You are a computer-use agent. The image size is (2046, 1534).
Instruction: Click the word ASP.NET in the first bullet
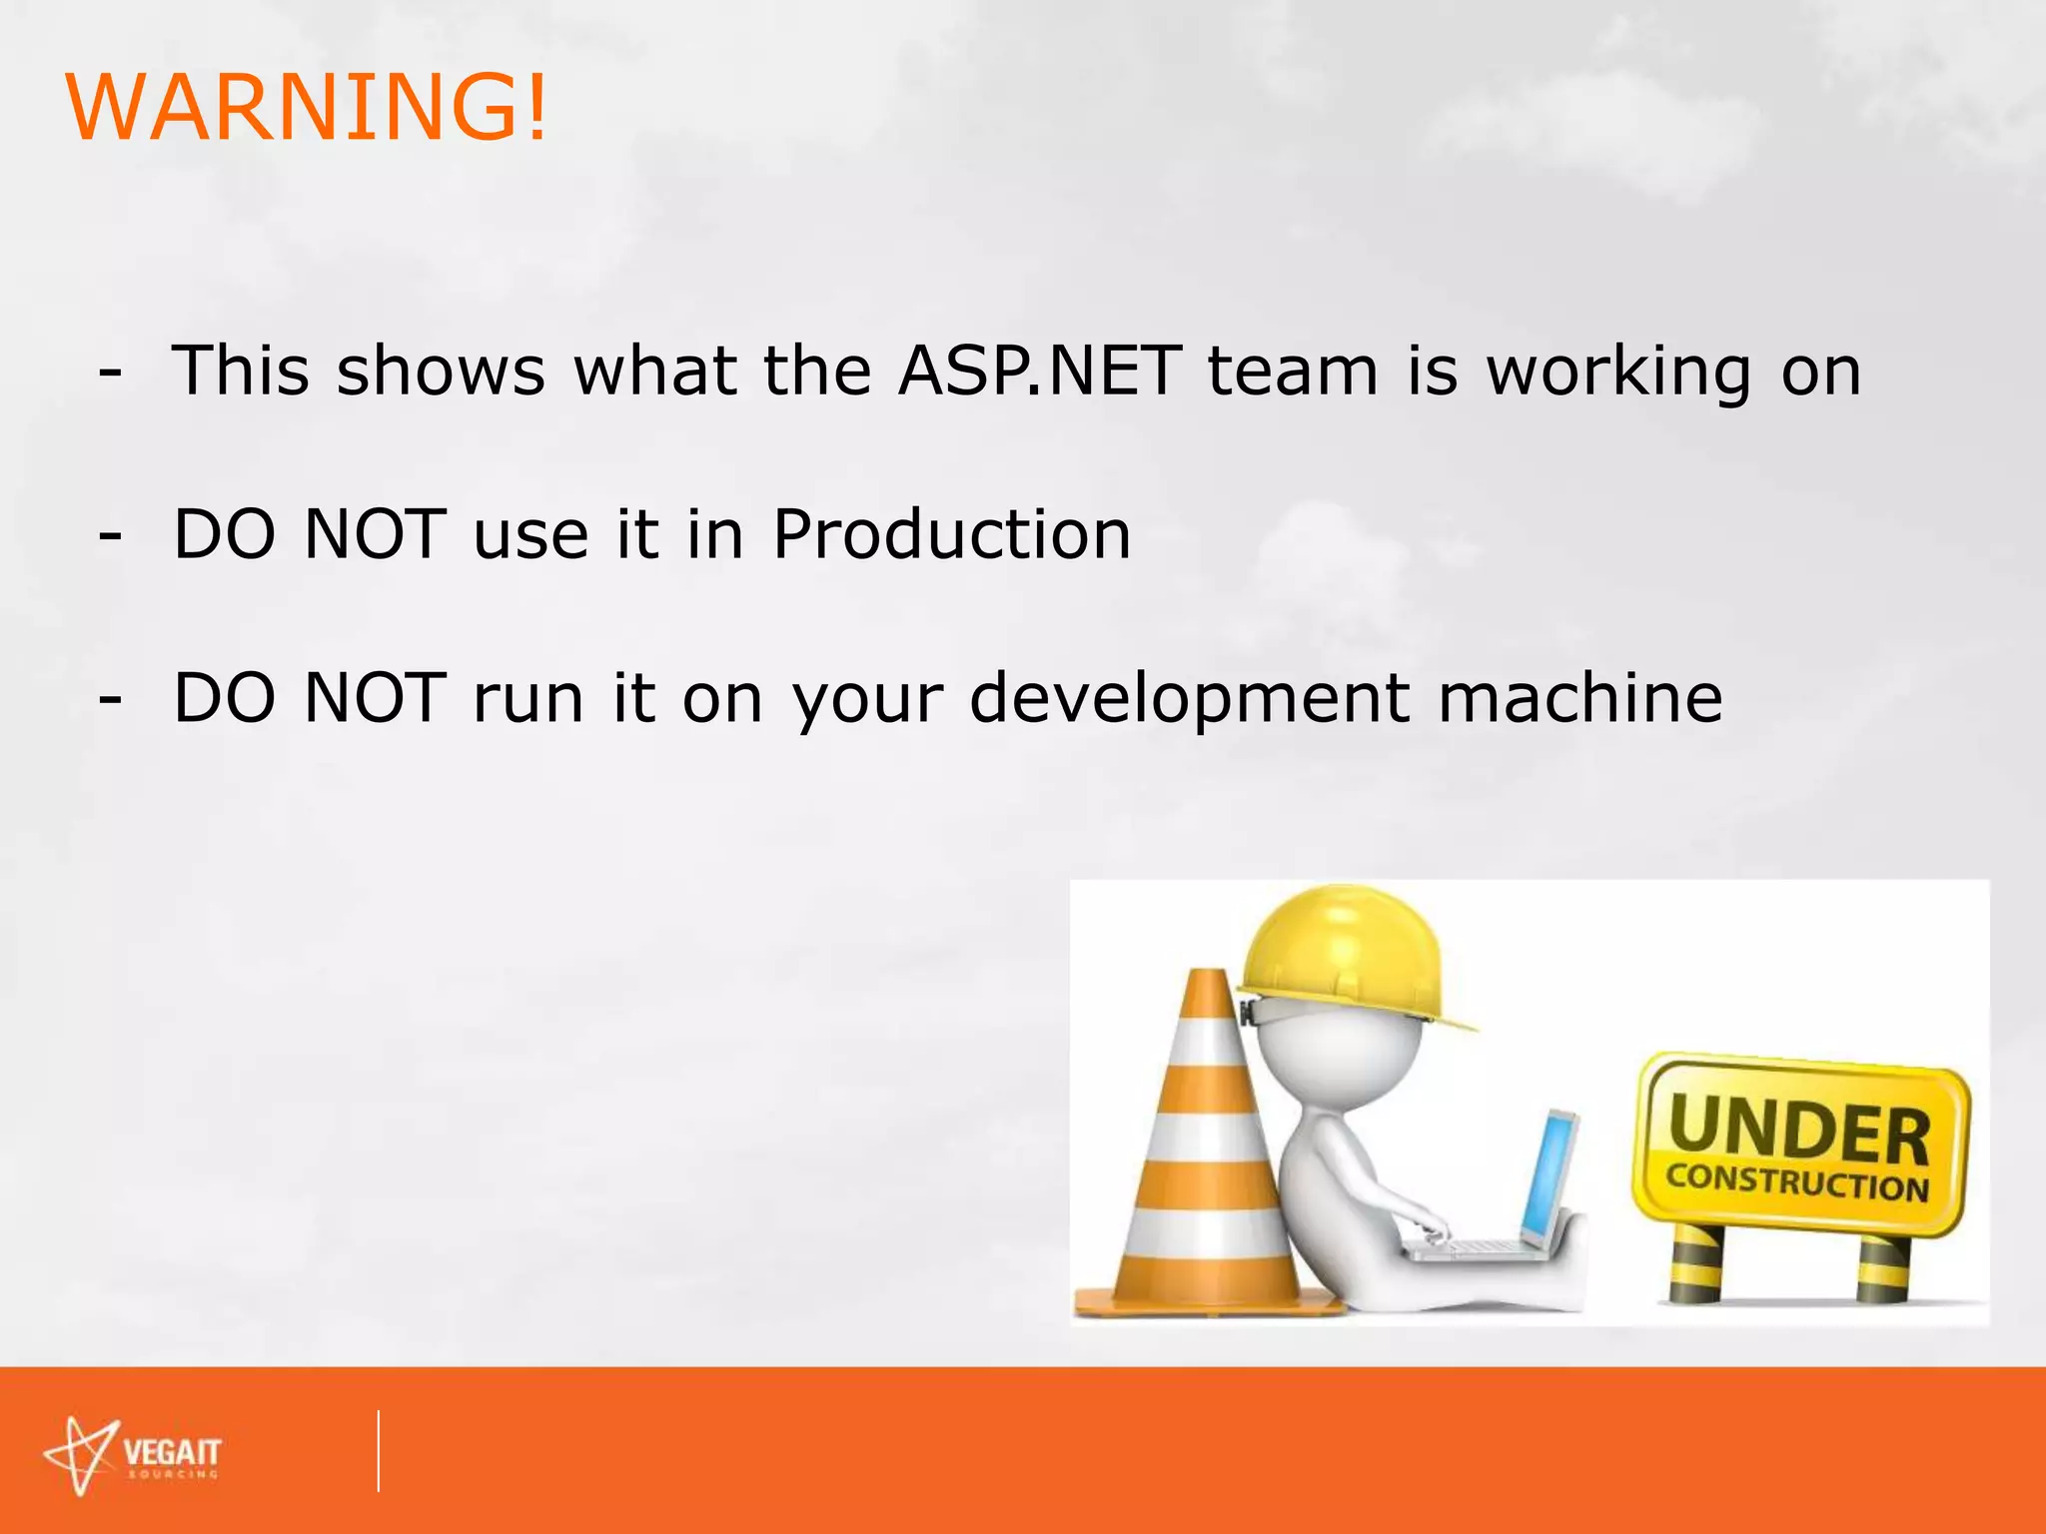pos(1039,371)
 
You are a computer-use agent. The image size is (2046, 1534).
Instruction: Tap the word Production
pos(951,534)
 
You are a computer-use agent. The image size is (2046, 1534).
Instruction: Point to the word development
pos(1190,699)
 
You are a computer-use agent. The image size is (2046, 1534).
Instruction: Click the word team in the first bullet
pos(1293,371)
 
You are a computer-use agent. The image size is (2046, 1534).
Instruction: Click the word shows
pos(441,371)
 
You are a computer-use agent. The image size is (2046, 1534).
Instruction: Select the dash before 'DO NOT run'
pos(111,700)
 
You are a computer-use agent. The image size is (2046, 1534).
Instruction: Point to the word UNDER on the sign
pos(1798,1129)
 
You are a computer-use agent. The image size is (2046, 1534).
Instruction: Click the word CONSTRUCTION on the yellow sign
pos(1796,1182)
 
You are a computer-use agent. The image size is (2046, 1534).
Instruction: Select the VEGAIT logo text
pos(172,1453)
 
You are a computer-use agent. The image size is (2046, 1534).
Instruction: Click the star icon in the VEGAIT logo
pos(82,1456)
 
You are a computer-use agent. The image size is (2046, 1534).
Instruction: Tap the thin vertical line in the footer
pos(379,1451)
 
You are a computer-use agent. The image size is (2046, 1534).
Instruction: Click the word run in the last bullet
pos(527,699)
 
